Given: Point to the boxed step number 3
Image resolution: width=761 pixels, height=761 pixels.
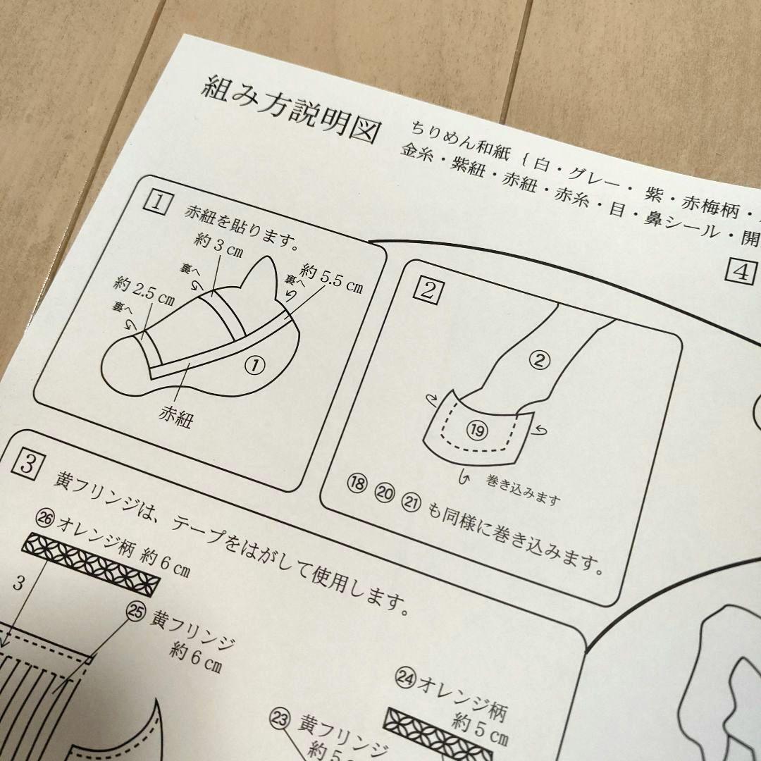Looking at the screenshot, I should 26,463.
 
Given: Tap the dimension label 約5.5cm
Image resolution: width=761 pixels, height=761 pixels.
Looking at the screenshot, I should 331,277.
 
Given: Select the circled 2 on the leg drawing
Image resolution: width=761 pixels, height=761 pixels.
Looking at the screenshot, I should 538,361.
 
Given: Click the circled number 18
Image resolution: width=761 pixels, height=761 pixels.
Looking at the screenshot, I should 357,484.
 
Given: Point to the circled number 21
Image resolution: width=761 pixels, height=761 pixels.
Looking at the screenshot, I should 410,501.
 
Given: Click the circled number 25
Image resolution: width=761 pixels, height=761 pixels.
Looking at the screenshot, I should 136,612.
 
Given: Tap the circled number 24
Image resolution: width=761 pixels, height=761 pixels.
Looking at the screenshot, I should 404,678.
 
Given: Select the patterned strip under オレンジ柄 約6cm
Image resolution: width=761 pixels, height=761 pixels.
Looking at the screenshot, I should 92,564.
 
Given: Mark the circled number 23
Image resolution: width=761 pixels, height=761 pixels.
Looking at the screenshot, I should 280,719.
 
